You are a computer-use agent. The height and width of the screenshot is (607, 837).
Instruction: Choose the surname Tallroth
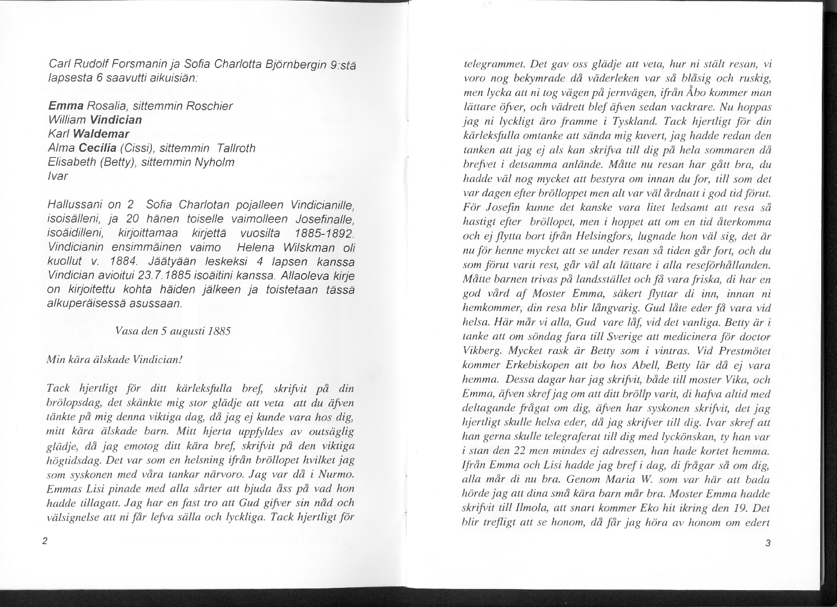(x=232, y=148)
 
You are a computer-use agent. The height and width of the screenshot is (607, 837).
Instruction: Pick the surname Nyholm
(x=215, y=162)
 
